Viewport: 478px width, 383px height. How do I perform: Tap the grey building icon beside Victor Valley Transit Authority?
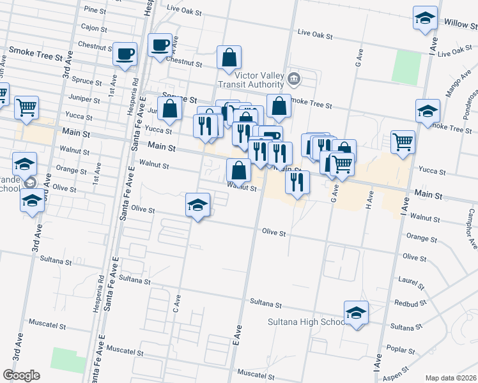click(293, 79)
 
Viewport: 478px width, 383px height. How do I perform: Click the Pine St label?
click(95, 10)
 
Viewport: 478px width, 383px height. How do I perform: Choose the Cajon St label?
click(93, 27)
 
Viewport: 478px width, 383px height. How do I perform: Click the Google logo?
click(21, 375)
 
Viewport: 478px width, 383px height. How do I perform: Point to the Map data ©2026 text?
click(451, 378)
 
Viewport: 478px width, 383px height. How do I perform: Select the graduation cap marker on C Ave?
click(197, 205)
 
